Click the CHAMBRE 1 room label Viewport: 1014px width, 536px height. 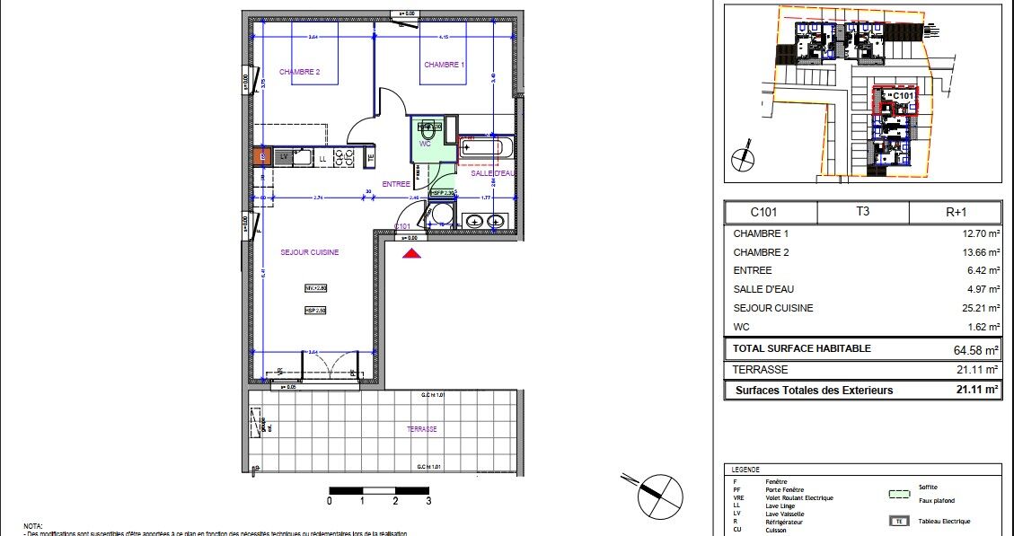click(444, 65)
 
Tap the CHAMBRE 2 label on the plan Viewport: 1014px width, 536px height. click(299, 72)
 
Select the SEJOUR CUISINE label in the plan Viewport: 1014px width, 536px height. click(309, 252)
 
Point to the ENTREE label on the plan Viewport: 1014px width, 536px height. click(396, 184)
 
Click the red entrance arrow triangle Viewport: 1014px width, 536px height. click(411, 254)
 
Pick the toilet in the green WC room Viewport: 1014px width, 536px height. click(428, 129)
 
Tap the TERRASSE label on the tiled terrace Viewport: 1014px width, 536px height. click(421, 429)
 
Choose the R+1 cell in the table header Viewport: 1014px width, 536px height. click(956, 213)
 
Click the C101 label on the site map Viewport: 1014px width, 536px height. click(902, 95)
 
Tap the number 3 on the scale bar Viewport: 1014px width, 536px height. click(428, 501)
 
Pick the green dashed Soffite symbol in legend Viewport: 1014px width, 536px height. click(897, 493)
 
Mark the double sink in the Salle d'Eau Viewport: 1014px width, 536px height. click(485, 220)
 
